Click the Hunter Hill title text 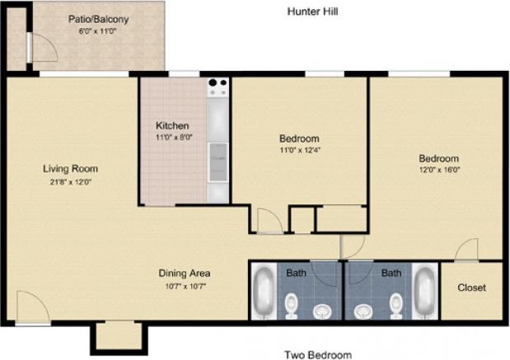[312, 12]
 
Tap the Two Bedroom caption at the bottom [317, 355]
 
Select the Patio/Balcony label [99, 19]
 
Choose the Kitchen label [174, 126]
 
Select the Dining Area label [185, 273]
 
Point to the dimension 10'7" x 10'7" [185, 286]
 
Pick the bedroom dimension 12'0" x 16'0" [437, 171]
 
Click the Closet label [471, 288]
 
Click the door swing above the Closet [468, 249]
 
